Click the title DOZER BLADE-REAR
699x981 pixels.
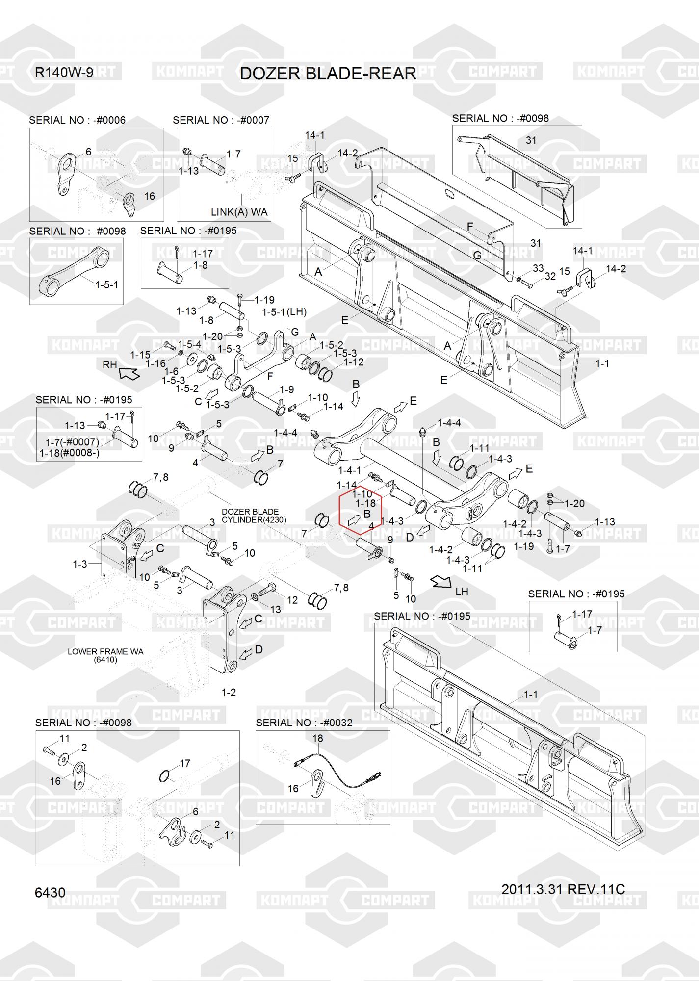click(x=328, y=74)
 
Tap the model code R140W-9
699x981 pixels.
click(x=64, y=73)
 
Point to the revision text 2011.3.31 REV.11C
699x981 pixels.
click(x=563, y=889)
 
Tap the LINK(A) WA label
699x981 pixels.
click(x=239, y=212)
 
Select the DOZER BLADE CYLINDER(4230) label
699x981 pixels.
click(x=254, y=516)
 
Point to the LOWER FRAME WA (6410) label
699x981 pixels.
click(x=105, y=656)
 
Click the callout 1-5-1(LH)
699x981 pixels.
click(x=285, y=312)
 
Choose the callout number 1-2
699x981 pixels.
click(x=229, y=693)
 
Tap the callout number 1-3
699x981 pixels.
click(x=80, y=564)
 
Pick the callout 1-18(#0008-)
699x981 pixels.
click(x=70, y=453)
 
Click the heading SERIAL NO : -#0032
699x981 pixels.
click(x=304, y=723)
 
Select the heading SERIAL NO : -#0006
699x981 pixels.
click(x=78, y=120)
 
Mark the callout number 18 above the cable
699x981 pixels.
click(x=318, y=738)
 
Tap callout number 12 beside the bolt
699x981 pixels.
click(x=292, y=600)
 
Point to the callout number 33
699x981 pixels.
click(x=538, y=268)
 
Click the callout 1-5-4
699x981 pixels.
click(x=189, y=344)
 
